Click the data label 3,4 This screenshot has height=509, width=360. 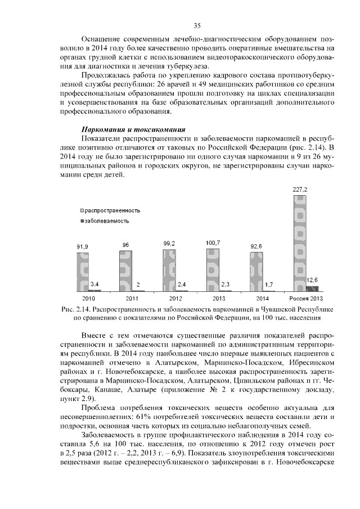(95, 283)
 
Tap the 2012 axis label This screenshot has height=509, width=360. (175, 298)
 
